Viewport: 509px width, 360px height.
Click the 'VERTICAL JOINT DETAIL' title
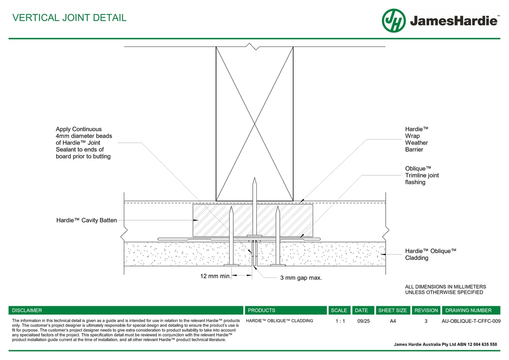click(x=69, y=18)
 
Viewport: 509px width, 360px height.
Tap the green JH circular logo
click(x=394, y=21)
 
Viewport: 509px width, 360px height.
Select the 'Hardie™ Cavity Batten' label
click(x=87, y=220)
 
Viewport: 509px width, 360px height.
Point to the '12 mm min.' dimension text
click(x=216, y=277)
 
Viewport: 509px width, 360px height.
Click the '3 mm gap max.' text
click(x=301, y=278)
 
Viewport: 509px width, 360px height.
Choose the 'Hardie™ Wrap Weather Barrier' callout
click(x=417, y=139)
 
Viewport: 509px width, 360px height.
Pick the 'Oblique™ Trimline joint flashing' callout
click(x=422, y=175)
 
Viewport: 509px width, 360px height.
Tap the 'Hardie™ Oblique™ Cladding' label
click(x=430, y=255)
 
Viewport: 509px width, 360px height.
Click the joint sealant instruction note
click(x=84, y=143)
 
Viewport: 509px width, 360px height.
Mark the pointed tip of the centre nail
click(x=254, y=179)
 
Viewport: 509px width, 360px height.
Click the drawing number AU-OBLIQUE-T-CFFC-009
click(x=471, y=321)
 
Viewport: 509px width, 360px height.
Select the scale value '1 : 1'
click(x=340, y=321)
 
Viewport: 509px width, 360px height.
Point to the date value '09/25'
click(x=363, y=321)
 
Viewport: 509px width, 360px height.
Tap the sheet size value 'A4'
click(x=393, y=321)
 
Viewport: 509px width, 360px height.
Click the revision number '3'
click(x=426, y=321)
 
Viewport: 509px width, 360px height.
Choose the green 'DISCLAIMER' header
click(x=27, y=310)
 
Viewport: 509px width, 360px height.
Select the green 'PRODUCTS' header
click(x=262, y=310)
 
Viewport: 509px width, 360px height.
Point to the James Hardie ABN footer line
click(x=445, y=345)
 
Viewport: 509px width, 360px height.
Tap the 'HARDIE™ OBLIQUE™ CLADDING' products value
click(x=279, y=321)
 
